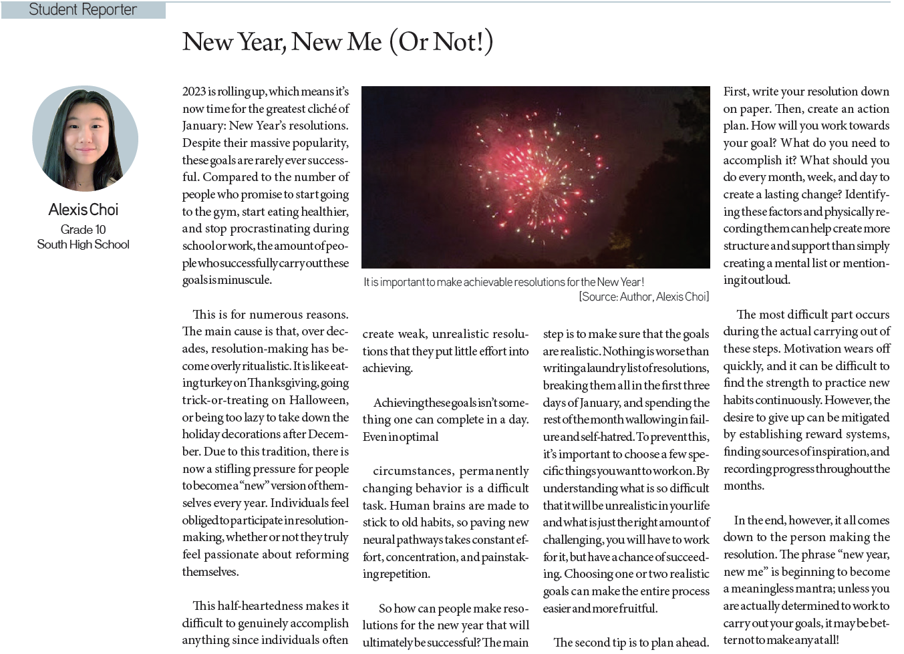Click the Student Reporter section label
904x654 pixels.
click(83, 10)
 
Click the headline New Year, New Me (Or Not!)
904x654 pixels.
click(337, 42)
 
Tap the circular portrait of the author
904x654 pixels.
click(85, 138)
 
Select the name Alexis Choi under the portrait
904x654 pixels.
click(84, 210)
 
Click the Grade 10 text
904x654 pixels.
click(83, 229)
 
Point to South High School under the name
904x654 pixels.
click(84, 244)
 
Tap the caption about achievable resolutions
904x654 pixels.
click(503, 282)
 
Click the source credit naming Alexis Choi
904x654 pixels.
click(643, 297)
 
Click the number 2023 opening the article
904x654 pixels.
click(194, 92)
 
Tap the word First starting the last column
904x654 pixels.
click(736, 92)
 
